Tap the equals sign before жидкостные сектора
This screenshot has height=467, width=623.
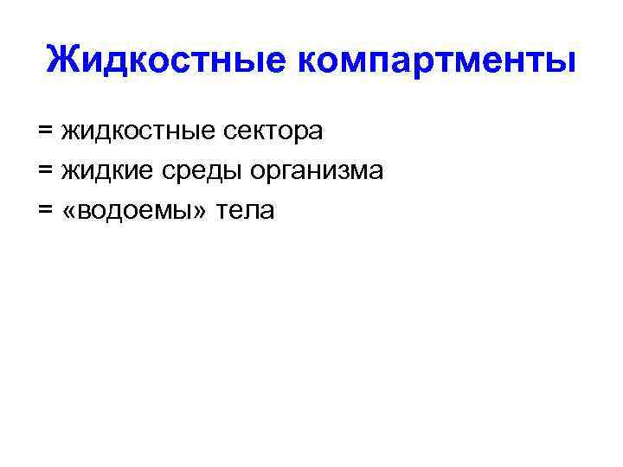(x=46, y=131)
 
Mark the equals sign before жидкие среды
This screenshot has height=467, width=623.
(x=46, y=170)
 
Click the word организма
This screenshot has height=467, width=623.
(x=316, y=172)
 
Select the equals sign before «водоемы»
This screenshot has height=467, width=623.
(x=46, y=209)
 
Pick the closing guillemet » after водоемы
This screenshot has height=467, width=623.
(x=206, y=211)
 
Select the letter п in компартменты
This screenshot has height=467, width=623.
(x=382, y=62)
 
